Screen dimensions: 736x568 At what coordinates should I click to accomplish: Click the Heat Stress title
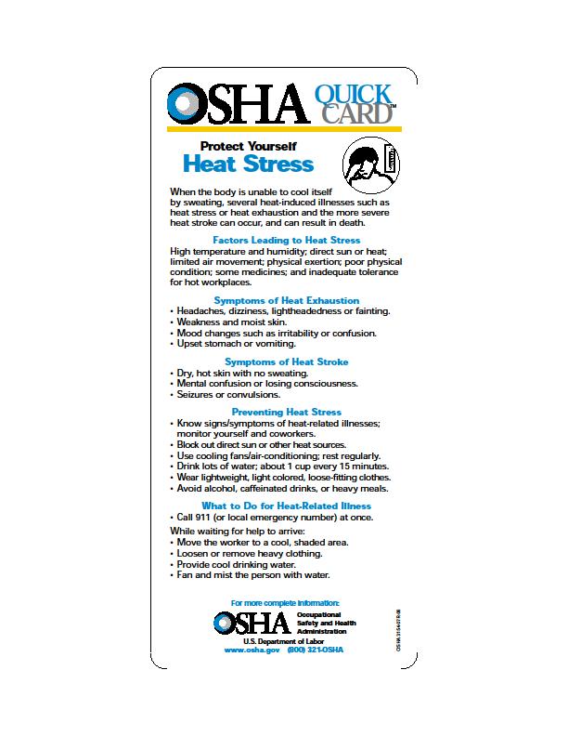[248, 164]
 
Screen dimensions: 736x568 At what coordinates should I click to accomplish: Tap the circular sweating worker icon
[370, 164]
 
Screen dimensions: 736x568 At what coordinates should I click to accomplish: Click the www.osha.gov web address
[252, 650]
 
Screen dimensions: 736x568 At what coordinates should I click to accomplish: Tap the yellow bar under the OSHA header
[284, 127]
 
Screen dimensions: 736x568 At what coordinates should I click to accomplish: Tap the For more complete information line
[286, 604]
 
